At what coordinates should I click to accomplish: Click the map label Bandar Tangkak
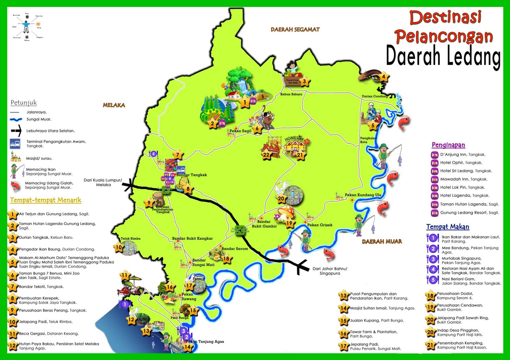tap(191, 175)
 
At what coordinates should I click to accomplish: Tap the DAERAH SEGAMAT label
tap(295, 30)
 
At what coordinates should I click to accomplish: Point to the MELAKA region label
tap(114, 105)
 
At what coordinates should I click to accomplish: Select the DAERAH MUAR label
tap(382, 241)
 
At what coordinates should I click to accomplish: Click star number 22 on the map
tap(266, 155)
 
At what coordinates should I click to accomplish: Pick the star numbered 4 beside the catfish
tap(384, 77)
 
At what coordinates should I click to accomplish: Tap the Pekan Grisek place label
tap(320, 225)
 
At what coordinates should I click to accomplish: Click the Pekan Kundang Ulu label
tap(363, 195)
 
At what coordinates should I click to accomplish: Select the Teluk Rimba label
tap(131, 239)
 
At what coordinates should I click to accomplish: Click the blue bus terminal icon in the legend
tap(15, 144)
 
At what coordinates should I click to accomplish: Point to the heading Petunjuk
tap(23, 103)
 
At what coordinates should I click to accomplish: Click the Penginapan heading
tap(448, 145)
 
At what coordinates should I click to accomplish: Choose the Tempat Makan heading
tap(447, 227)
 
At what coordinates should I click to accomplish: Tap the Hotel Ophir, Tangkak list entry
tap(461, 162)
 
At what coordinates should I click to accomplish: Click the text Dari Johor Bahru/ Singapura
tap(330, 271)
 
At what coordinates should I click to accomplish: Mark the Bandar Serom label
tap(235, 248)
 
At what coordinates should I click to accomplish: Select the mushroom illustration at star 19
tap(285, 212)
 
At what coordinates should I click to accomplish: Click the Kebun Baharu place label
tap(291, 94)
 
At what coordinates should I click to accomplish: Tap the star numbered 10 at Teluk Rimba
tap(118, 247)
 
